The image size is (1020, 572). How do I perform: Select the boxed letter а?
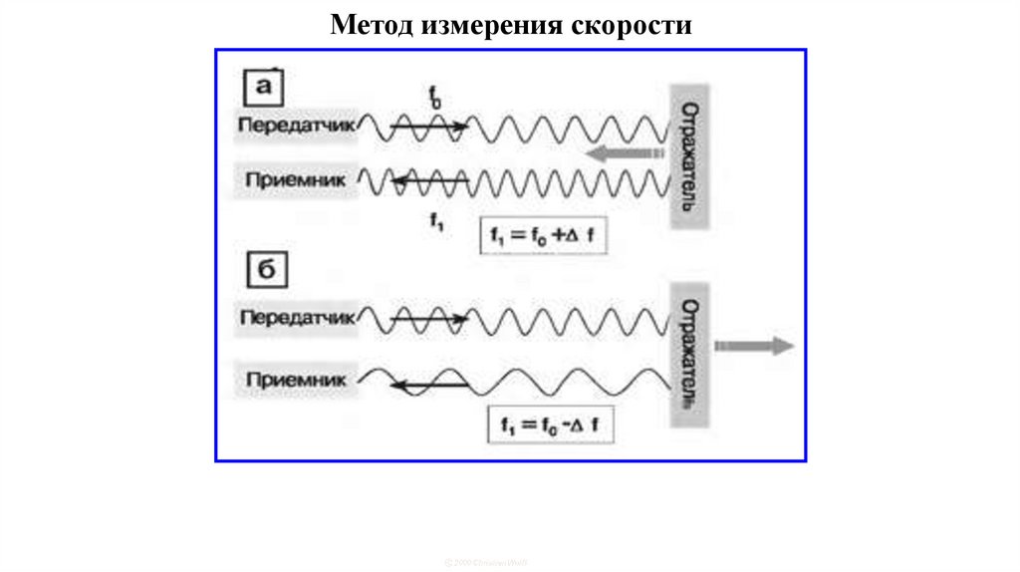[x=264, y=88]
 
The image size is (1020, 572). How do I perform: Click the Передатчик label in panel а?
[x=296, y=128]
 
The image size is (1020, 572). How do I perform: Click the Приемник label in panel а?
[x=296, y=180]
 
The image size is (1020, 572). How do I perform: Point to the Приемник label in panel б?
[x=296, y=379]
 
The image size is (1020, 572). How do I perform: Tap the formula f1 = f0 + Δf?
[x=543, y=236]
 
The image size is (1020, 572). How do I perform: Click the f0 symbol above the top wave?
[x=435, y=98]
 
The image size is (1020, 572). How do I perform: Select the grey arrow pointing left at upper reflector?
[x=624, y=153]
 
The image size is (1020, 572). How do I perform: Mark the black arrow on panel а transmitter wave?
[x=429, y=127]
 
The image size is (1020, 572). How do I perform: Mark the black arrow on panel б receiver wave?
[x=428, y=383]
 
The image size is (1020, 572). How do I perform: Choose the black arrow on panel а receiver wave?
[x=428, y=180]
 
